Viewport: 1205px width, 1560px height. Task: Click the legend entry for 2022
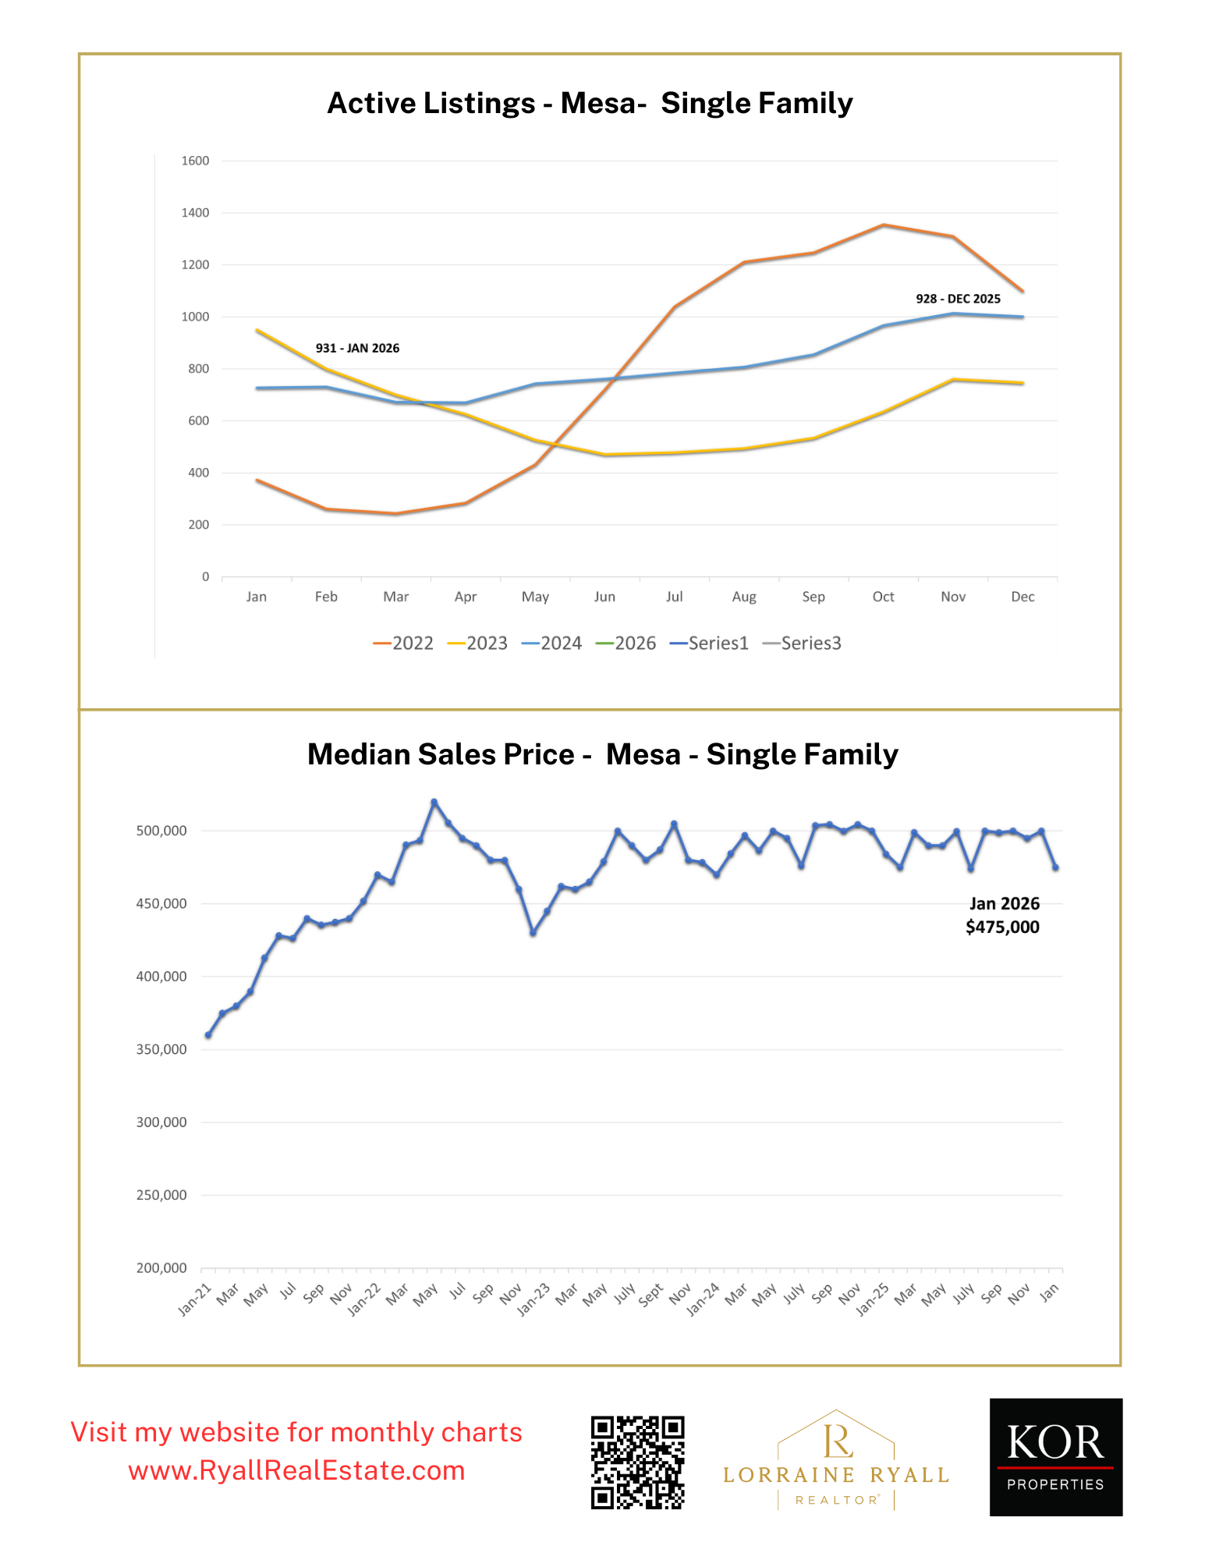[403, 643]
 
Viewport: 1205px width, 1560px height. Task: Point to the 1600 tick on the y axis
[195, 161]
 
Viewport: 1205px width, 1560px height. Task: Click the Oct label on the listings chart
[883, 597]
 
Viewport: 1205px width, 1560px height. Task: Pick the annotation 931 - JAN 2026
[357, 349]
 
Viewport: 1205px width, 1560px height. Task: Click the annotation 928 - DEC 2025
[958, 299]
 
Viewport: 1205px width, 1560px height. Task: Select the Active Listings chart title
[590, 104]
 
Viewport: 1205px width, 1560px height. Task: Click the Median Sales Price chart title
[602, 755]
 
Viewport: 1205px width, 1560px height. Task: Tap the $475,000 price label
[1002, 927]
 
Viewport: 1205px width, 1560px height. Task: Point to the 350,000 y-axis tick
[161, 1050]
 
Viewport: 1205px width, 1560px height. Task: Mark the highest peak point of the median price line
[434, 802]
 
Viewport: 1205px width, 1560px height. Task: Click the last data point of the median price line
[1055, 867]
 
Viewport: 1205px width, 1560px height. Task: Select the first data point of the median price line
[208, 1035]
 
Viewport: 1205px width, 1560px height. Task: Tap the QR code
[637, 1462]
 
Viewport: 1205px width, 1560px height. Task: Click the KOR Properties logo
[1055, 1457]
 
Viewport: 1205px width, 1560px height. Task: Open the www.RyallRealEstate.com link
[296, 1471]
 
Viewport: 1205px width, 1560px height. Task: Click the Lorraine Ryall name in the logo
[835, 1475]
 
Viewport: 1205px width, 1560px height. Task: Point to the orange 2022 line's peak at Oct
[883, 225]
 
